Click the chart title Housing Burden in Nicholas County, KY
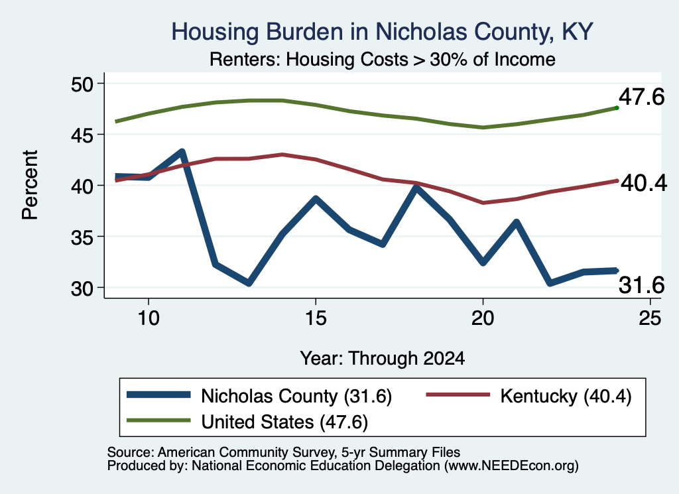tap(382, 32)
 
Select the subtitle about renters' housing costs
tap(383, 59)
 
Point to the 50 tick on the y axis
tap(82, 84)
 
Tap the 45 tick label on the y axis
tap(82, 135)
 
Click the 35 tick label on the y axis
tap(82, 237)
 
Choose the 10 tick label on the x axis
tap(149, 318)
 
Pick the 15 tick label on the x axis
tap(316, 318)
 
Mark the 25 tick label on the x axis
tap(650, 318)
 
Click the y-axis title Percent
tap(30, 185)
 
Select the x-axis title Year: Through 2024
tap(383, 359)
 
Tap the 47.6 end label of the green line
tap(641, 97)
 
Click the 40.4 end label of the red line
tap(644, 183)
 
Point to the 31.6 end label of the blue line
tap(641, 285)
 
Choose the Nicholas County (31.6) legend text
tap(296, 396)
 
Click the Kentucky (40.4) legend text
tap(566, 396)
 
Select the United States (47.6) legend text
tap(284, 422)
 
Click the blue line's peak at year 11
tap(182, 152)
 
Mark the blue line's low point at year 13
tap(249, 283)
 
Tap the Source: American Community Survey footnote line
tap(284, 452)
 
